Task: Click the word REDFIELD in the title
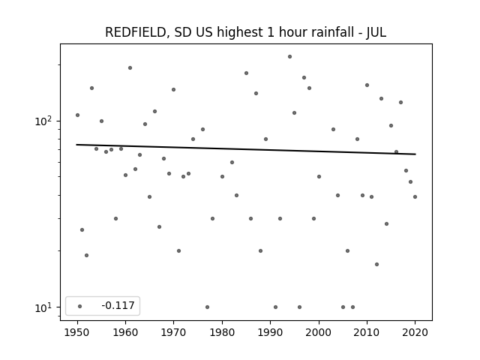point(136,32)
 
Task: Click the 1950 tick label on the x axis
point(77,332)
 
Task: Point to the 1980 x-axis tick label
point(222,332)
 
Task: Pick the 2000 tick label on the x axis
point(319,332)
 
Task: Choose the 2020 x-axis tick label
point(415,332)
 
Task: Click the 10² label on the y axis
point(43,121)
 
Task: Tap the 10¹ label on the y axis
point(43,307)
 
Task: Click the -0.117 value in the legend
point(118,305)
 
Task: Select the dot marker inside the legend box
point(80,306)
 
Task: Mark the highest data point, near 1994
point(290,57)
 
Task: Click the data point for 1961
point(130,68)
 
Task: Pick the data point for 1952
point(87,255)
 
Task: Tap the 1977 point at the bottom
point(207,307)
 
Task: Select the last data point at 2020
point(415,196)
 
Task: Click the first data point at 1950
point(77,115)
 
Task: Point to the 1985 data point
point(247,73)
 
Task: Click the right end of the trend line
point(415,154)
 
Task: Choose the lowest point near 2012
point(376,264)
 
